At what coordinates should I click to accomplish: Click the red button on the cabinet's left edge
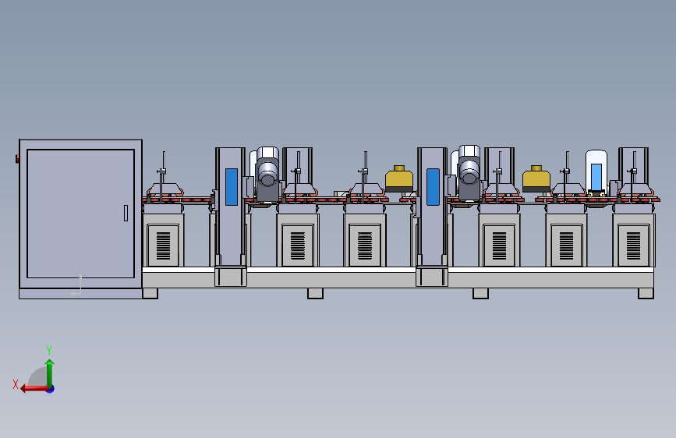click(x=17, y=159)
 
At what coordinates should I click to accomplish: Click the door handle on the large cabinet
click(x=126, y=213)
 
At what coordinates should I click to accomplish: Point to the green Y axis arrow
click(x=50, y=373)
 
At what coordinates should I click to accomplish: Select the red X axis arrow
click(x=35, y=388)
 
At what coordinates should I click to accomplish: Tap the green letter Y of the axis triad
click(x=49, y=350)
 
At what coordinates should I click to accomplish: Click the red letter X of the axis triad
click(x=16, y=384)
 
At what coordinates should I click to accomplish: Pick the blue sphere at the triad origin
click(x=51, y=389)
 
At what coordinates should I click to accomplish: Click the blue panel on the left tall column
click(x=232, y=187)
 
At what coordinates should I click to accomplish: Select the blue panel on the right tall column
click(x=433, y=187)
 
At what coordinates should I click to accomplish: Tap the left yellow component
click(x=399, y=179)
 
